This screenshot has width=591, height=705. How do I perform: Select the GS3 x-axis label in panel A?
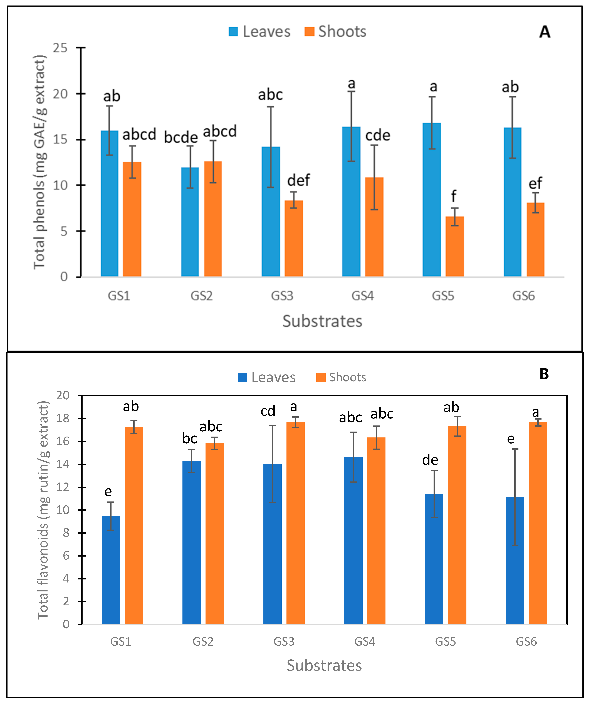click(x=282, y=296)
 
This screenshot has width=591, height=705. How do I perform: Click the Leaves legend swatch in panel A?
click(x=233, y=31)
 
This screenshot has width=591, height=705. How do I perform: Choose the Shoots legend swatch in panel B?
click(x=321, y=377)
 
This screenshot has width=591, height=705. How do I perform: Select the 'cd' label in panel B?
click(x=268, y=411)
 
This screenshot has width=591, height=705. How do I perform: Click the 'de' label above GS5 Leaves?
click(x=430, y=460)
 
